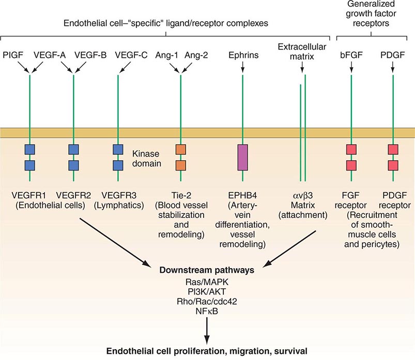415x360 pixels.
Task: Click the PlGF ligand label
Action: [13, 54]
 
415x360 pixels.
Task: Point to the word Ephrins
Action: [242, 54]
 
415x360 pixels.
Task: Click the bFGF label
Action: [351, 54]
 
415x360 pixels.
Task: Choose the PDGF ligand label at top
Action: [393, 54]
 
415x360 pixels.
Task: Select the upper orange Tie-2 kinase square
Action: [181, 150]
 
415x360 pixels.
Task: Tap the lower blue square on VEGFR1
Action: [30, 165]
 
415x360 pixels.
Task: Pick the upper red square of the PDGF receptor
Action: [393, 150]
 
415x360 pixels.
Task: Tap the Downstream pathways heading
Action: [207, 269]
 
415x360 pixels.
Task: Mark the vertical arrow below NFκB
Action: [207, 331]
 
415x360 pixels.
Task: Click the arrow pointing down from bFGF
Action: [351, 67]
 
